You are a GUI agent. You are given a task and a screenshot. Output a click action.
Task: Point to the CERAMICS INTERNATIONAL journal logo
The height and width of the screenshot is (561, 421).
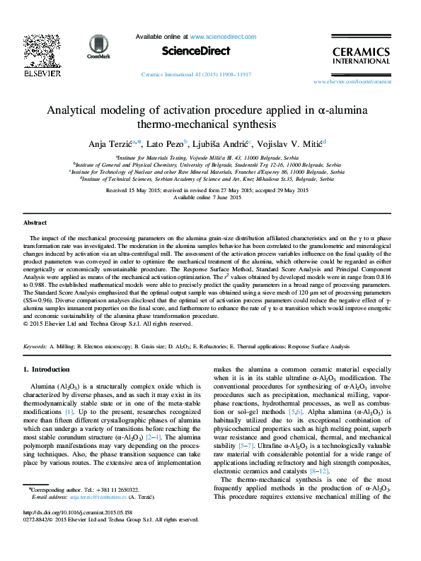point(361,55)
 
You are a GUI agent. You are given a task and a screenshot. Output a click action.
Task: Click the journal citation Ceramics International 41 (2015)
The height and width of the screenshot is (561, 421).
point(197,73)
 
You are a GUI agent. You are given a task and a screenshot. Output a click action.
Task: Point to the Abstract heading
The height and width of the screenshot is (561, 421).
point(36,223)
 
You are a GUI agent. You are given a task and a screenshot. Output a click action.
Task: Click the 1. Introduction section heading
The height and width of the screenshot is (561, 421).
point(47,370)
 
